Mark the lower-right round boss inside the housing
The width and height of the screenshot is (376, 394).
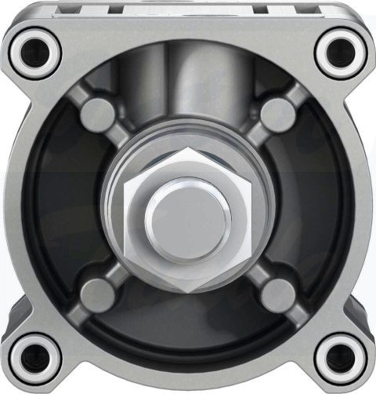(277, 293)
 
